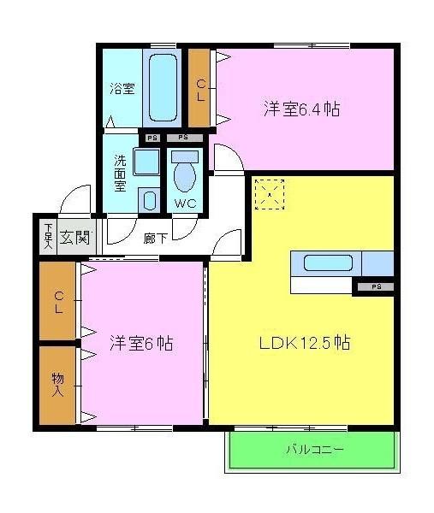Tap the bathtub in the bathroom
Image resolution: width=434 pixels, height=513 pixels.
162,88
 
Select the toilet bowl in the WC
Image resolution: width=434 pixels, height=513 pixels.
184,177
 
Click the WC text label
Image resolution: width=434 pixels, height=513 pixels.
186,203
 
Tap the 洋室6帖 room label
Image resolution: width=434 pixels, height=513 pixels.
141,343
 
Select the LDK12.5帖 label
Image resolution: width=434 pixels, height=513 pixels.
305,343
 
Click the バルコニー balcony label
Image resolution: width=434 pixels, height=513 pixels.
312,448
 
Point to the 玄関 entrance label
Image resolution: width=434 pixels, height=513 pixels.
74,237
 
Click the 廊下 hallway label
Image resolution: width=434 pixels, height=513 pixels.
155,238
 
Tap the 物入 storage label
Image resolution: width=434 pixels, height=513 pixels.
58,384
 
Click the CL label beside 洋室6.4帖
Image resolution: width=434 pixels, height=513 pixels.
200,89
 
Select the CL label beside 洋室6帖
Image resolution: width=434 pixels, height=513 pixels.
58,303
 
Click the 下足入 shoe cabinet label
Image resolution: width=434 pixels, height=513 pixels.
48,237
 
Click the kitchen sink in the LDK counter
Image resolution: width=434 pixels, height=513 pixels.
324,262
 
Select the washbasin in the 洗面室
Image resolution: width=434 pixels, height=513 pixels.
146,162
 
